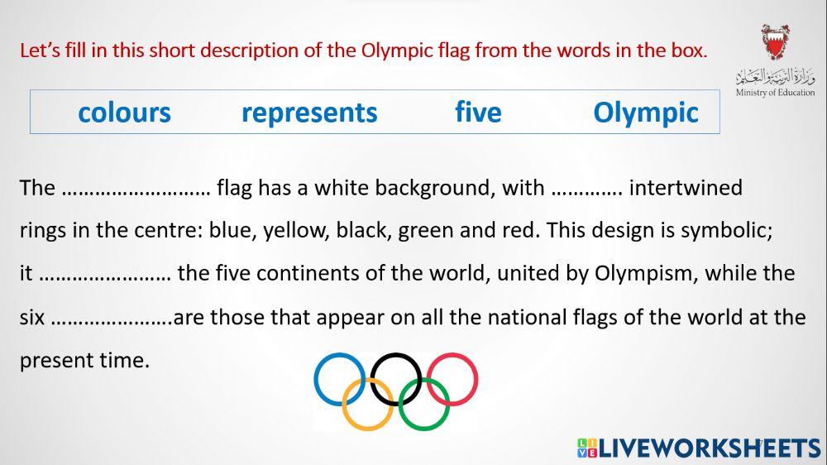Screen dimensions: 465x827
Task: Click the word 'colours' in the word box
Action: (124, 113)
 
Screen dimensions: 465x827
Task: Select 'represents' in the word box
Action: (309, 113)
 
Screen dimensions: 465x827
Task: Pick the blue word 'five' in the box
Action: (478, 113)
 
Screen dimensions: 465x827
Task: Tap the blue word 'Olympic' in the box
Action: (646, 113)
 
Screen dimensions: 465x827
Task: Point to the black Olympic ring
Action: (396, 357)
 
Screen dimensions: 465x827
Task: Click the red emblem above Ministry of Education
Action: (775, 42)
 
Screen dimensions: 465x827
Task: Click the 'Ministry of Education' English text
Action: (775, 93)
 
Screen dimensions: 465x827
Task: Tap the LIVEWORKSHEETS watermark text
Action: (708, 448)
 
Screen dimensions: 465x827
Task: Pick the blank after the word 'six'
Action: (111, 318)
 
